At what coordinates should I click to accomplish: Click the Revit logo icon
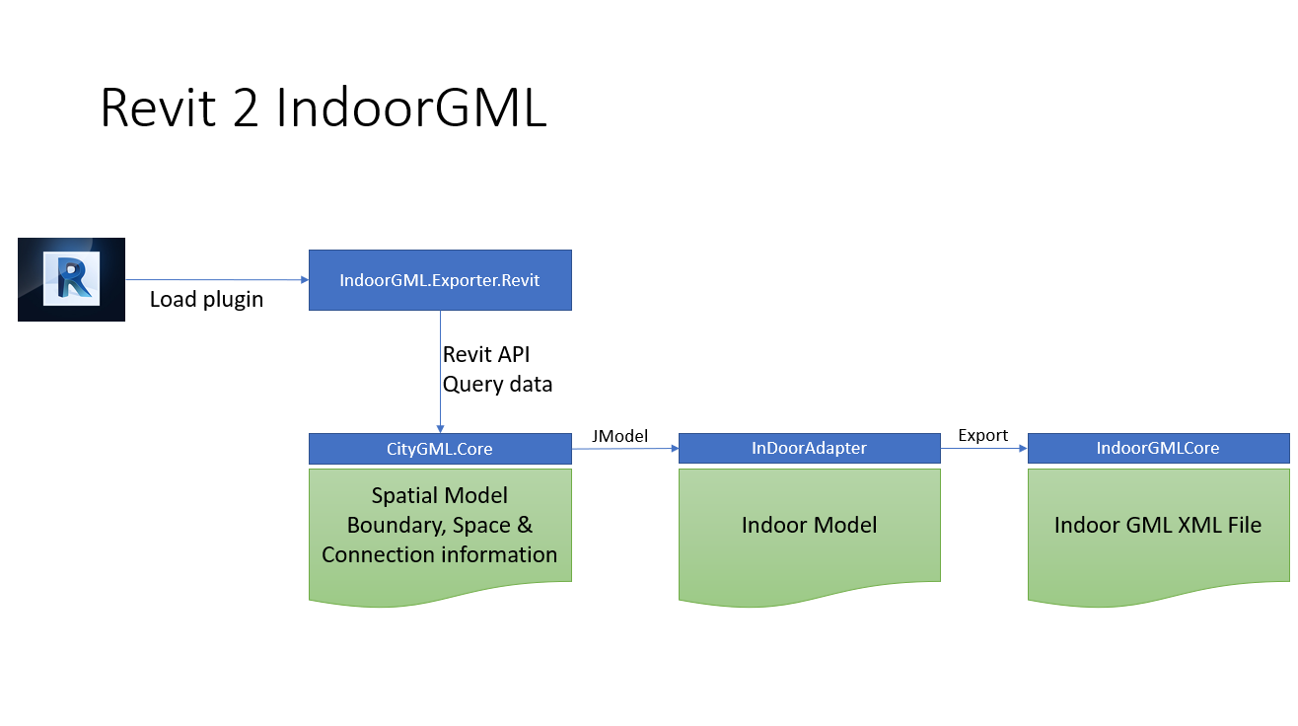coord(71,279)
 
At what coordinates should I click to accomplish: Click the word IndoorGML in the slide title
coord(410,108)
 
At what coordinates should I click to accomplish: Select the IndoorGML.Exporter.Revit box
coord(440,280)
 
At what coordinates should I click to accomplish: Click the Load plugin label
coord(206,299)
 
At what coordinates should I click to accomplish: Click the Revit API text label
coord(486,354)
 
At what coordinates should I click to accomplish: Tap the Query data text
coord(497,384)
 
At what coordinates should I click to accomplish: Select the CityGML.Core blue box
coord(440,449)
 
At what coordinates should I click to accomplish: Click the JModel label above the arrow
coord(619,434)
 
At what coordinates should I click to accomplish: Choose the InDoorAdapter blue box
coord(809,448)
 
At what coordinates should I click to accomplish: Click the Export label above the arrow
coord(982,434)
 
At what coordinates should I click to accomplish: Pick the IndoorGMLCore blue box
coord(1158,448)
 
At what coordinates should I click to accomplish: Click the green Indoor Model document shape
coord(809,533)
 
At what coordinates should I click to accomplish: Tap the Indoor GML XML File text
coord(1158,525)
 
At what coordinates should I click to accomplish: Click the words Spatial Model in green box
coord(439,495)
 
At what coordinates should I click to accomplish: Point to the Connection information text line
coord(439,554)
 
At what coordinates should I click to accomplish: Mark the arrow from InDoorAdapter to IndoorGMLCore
coord(983,448)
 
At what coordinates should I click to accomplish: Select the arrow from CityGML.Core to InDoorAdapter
coord(624,449)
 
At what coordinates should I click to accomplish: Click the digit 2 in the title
coord(247,108)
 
